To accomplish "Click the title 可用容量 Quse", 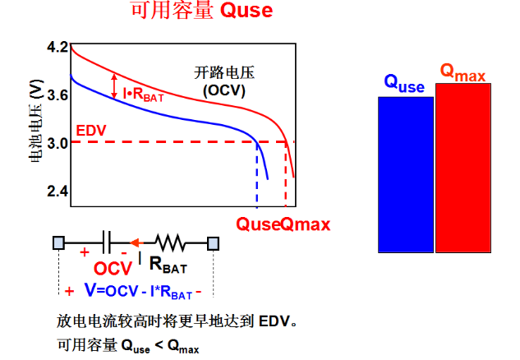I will [x=201, y=12].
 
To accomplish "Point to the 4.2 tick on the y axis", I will [x=58, y=48].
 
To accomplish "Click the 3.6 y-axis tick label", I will [x=58, y=95].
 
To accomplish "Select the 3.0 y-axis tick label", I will [x=58, y=144].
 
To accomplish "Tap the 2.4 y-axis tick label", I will [x=58, y=191].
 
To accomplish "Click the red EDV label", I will [x=89, y=131].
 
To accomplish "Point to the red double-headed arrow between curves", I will [x=114, y=85].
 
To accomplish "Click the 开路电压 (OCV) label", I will [x=224, y=79].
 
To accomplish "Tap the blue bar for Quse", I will [x=406, y=173].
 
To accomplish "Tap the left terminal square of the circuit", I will [x=59, y=242].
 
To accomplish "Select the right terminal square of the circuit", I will [x=213, y=242].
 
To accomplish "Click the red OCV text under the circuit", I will [x=113, y=268].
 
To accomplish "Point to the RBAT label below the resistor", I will [x=168, y=264].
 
